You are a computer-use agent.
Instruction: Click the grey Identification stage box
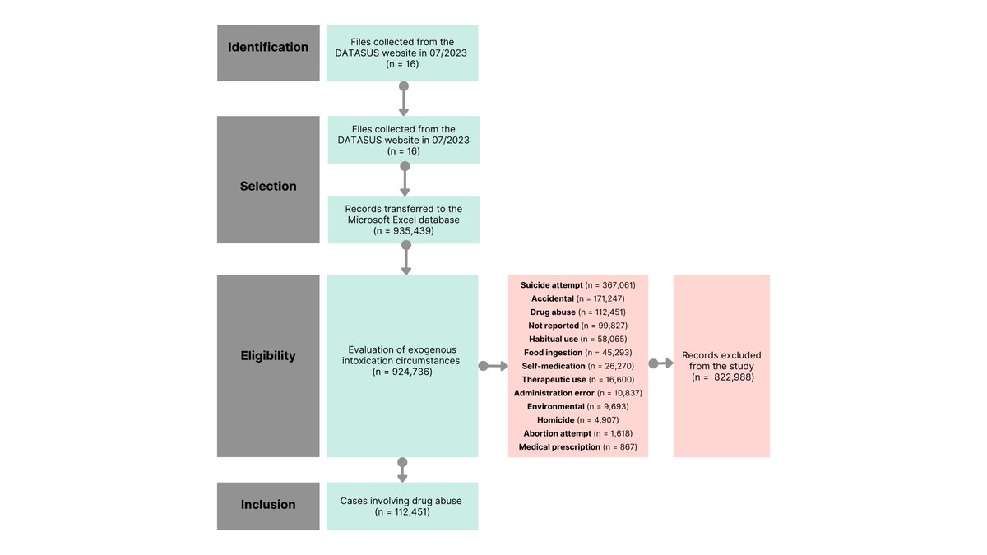click(x=268, y=53)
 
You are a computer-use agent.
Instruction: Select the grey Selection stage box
click(x=268, y=179)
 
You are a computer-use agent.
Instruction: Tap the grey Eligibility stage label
click(x=268, y=356)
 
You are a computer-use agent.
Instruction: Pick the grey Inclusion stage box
click(x=268, y=505)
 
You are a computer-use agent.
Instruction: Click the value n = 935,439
click(x=403, y=232)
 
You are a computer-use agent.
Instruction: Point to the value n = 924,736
click(x=402, y=372)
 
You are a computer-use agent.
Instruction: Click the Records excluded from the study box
click(x=721, y=366)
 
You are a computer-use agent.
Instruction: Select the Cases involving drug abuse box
click(x=402, y=505)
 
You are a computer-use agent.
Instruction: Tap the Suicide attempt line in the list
click(x=577, y=285)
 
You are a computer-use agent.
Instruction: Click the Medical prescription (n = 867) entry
click(x=577, y=446)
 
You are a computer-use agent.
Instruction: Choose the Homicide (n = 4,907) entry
click(x=577, y=419)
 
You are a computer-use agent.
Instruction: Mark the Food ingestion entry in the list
click(x=577, y=353)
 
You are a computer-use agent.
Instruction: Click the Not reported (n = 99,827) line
click(x=577, y=326)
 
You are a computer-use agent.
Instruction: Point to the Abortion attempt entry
click(x=577, y=432)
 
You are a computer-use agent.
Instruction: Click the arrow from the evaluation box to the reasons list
click(x=493, y=366)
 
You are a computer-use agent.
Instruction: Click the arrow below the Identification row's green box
click(x=403, y=99)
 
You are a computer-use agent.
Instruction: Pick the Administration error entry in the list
click(x=577, y=393)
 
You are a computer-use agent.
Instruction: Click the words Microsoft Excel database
click(x=403, y=220)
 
